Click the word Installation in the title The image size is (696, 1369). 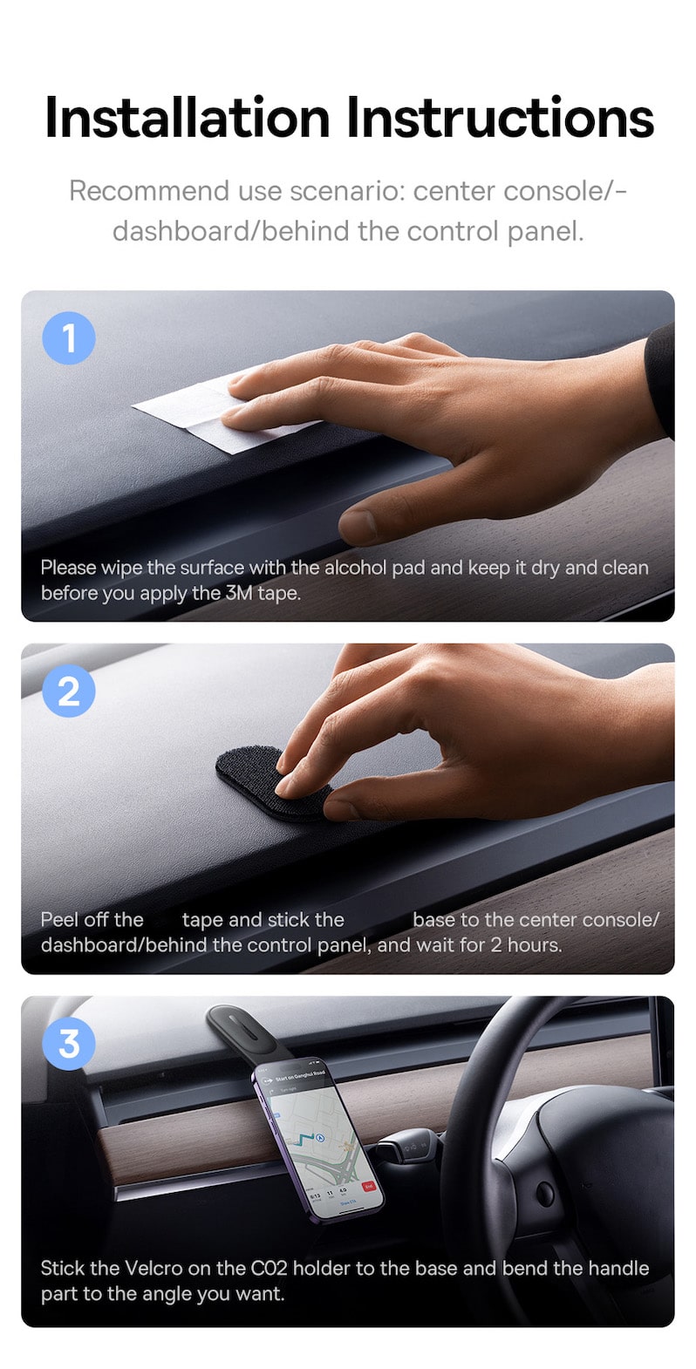pyautogui.click(x=188, y=118)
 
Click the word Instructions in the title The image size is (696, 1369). pyautogui.click(x=502, y=118)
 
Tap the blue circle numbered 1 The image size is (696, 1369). pyautogui.click(x=69, y=338)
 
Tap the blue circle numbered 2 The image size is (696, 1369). pyautogui.click(x=69, y=691)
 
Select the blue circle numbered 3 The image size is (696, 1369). pyautogui.click(x=69, y=1043)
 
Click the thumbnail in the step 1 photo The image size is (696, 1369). pyautogui.click(x=358, y=525)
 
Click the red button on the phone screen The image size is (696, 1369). pyautogui.click(x=368, y=1186)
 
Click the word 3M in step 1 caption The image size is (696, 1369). pyautogui.click(x=239, y=594)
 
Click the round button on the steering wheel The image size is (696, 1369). pyautogui.click(x=545, y=1195)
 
